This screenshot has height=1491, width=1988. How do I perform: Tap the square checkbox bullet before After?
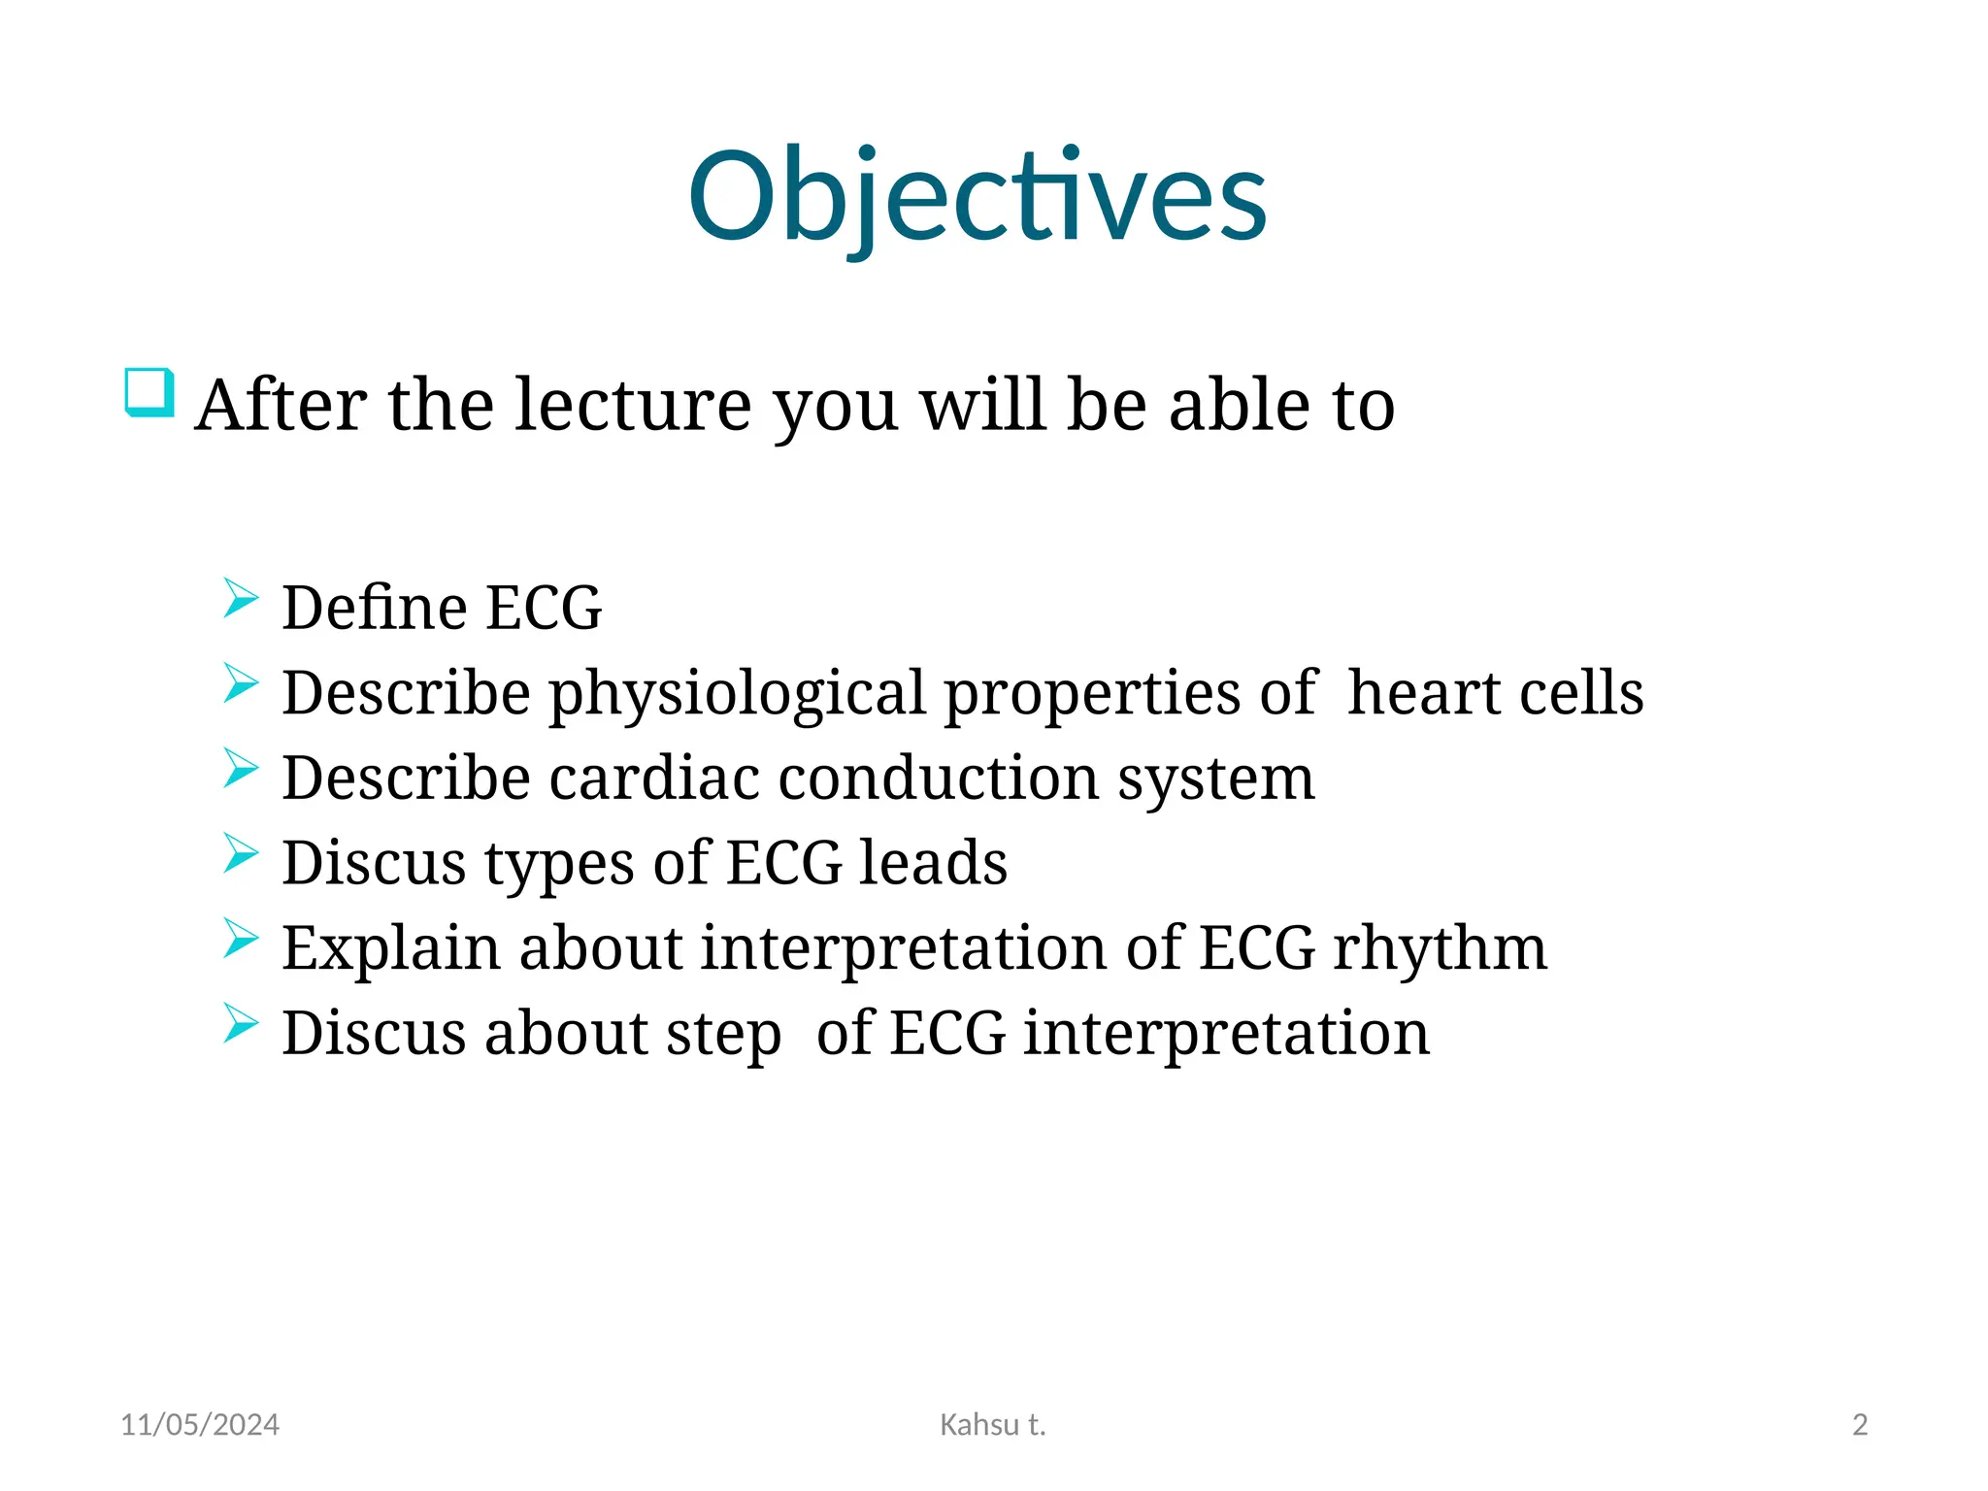tap(149, 393)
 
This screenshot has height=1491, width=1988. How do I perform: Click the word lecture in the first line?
tap(632, 405)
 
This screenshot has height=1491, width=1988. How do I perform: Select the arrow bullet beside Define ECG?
tap(240, 598)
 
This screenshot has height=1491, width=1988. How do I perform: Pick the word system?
tap(1215, 779)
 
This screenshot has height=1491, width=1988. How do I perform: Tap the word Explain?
tap(390, 948)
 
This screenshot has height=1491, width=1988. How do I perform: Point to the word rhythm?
tap(1440, 947)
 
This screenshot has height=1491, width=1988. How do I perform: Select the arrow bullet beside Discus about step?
tap(240, 1023)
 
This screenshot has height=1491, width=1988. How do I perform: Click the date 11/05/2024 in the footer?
tap(200, 1425)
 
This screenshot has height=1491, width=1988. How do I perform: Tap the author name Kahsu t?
tap(993, 1425)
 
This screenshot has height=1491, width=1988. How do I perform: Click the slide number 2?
tap(1860, 1425)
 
